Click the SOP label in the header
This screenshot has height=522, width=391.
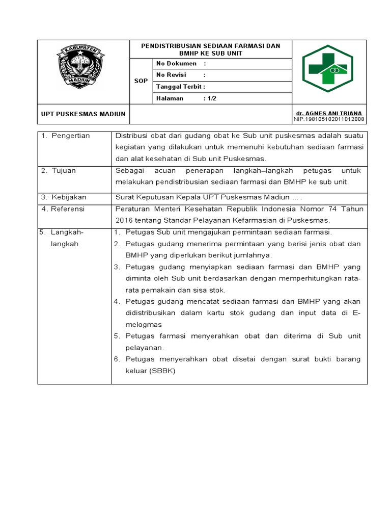[141, 81]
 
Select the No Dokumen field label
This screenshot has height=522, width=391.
[176, 64]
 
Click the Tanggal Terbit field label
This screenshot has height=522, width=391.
[180, 87]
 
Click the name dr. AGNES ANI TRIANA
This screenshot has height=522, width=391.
[329, 113]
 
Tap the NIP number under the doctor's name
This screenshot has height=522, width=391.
[329, 119]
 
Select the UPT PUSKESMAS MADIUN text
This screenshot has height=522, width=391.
[83, 114]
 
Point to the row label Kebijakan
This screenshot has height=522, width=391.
[69, 197]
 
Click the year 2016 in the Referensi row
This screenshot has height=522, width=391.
[124, 220]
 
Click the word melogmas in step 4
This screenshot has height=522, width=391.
[144, 324]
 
